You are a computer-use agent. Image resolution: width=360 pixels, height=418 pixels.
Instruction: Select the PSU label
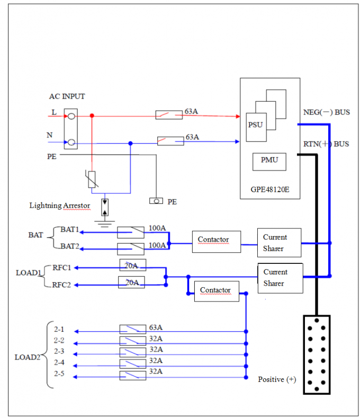255,125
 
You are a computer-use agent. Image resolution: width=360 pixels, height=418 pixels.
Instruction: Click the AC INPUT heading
67,96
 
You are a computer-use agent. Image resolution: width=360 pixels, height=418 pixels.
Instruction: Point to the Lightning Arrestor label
59,206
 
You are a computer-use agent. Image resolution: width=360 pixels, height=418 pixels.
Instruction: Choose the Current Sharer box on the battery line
279,243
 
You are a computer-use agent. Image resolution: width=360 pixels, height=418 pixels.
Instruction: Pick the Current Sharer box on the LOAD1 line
280,278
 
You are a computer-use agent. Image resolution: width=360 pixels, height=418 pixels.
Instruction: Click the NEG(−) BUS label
326,112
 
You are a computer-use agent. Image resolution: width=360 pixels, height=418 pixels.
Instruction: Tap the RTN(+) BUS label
326,144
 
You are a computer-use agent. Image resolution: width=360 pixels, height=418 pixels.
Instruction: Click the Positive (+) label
277,379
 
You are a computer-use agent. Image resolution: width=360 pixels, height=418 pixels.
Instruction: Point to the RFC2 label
62,285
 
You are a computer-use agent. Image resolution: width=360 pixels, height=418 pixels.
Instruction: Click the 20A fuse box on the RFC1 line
132,265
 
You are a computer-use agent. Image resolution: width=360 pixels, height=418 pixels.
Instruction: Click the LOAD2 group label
27,357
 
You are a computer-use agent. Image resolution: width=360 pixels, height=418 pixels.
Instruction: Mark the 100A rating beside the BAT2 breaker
157,245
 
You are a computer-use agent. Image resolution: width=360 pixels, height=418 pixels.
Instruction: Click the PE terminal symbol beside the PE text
156,201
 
